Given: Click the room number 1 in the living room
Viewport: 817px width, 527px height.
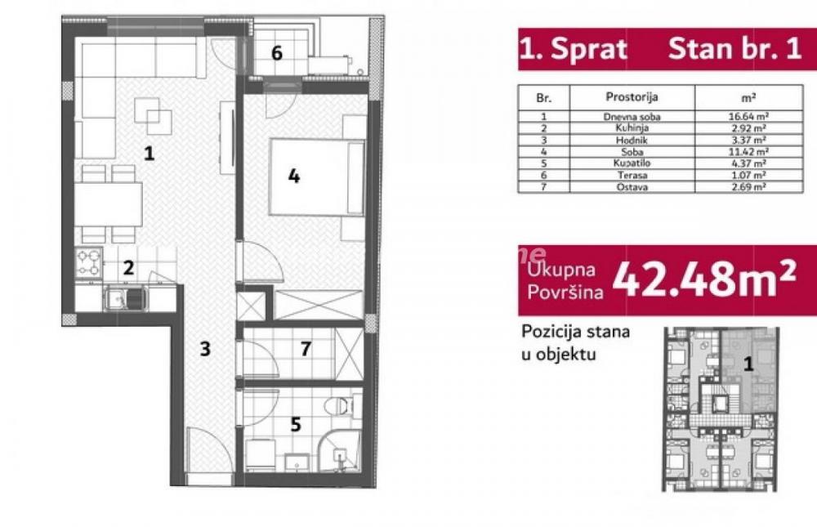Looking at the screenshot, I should [148, 152].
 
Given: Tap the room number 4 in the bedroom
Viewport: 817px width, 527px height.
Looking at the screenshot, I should [293, 175].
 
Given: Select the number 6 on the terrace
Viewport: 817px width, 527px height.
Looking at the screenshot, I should [277, 54].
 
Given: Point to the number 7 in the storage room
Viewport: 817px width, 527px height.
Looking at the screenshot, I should [305, 350].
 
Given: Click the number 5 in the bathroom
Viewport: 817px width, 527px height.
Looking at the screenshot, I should [296, 424].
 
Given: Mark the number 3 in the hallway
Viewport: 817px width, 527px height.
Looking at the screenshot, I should [205, 350].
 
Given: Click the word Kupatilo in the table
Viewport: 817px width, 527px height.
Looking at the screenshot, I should [632, 163].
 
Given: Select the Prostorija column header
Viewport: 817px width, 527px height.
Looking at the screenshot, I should [632, 96].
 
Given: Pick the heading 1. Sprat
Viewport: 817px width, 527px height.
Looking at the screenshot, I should [573, 49].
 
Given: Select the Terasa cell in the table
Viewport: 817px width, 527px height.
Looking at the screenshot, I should [632, 174].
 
